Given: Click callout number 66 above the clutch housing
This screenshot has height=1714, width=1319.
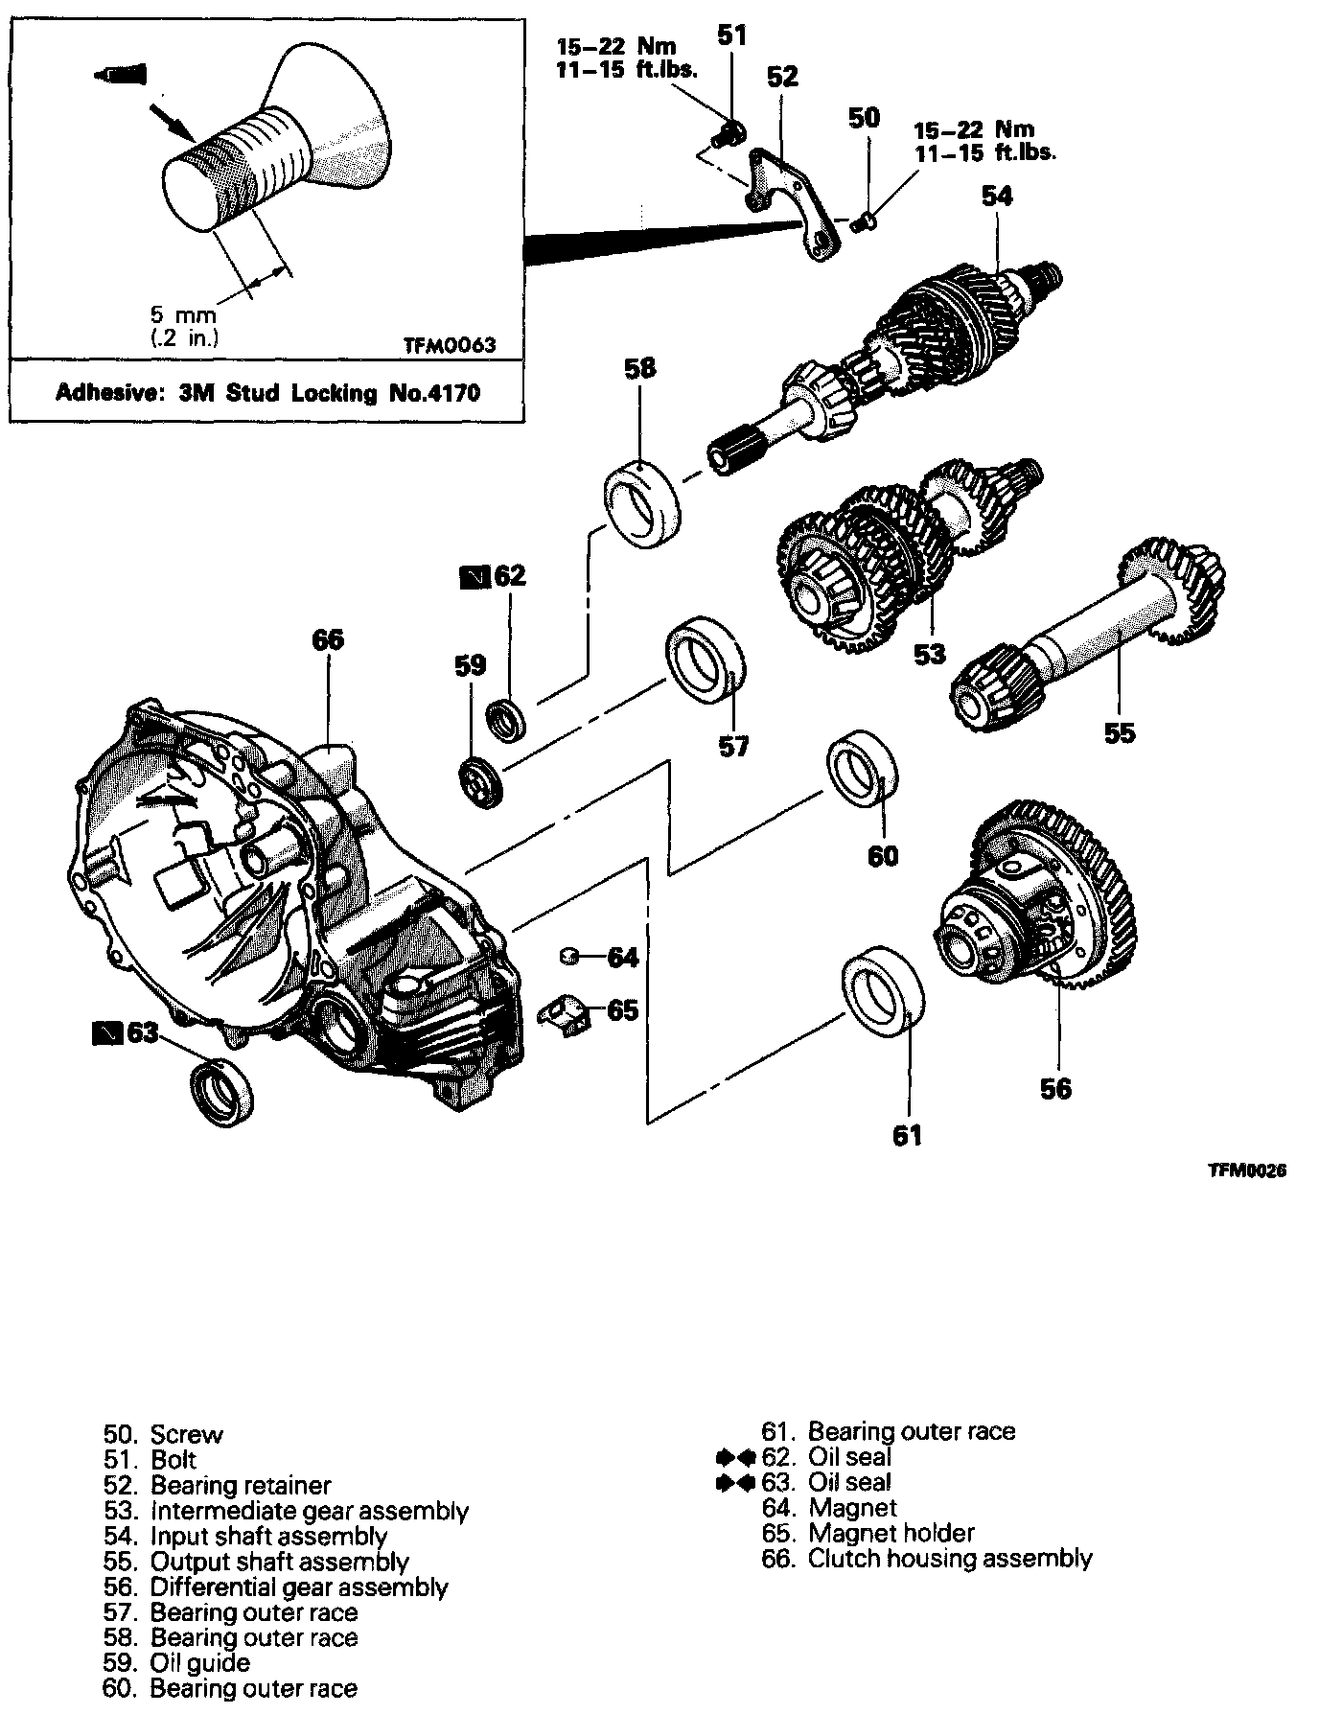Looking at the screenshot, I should click(x=328, y=639).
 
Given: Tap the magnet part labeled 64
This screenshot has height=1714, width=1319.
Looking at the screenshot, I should click(x=567, y=954).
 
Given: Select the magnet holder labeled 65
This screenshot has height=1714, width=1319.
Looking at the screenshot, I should click(x=567, y=1013).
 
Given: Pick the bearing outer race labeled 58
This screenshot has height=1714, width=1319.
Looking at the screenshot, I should click(x=640, y=503).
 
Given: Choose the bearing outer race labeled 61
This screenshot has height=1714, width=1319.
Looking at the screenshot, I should click(x=884, y=992).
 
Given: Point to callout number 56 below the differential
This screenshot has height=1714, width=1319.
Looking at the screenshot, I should click(x=1055, y=1088).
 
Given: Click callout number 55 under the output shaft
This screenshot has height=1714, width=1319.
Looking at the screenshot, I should click(x=1119, y=733).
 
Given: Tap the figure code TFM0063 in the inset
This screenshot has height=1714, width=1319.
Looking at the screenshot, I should click(x=450, y=344).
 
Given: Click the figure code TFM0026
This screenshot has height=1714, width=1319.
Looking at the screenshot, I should click(x=1246, y=1170).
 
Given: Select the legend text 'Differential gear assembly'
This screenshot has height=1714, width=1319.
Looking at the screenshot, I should click(x=299, y=1587).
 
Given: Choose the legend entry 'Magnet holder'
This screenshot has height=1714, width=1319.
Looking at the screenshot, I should click(x=891, y=1533).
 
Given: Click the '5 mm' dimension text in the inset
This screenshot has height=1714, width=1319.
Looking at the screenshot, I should click(x=182, y=314).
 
